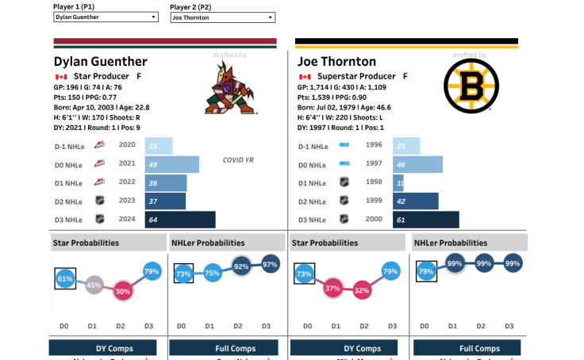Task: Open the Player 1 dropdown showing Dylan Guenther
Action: pyautogui.click(x=106, y=17)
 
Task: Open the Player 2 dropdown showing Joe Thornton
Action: pyautogui.click(x=223, y=17)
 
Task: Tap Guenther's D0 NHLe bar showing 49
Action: pyautogui.click(x=172, y=164)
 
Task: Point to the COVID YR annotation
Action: pyautogui.click(x=237, y=160)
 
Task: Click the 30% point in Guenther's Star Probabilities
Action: pyautogui.click(x=122, y=291)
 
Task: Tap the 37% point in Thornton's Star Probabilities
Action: pyautogui.click(x=332, y=288)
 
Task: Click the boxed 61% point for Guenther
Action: pyautogui.click(x=65, y=278)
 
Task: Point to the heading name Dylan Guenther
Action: pyautogui.click(x=100, y=62)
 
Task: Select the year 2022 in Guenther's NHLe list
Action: pyautogui.click(x=127, y=182)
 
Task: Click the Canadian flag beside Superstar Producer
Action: pyautogui.click(x=302, y=76)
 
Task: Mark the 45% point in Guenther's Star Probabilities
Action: pyautogui.click(x=94, y=285)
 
